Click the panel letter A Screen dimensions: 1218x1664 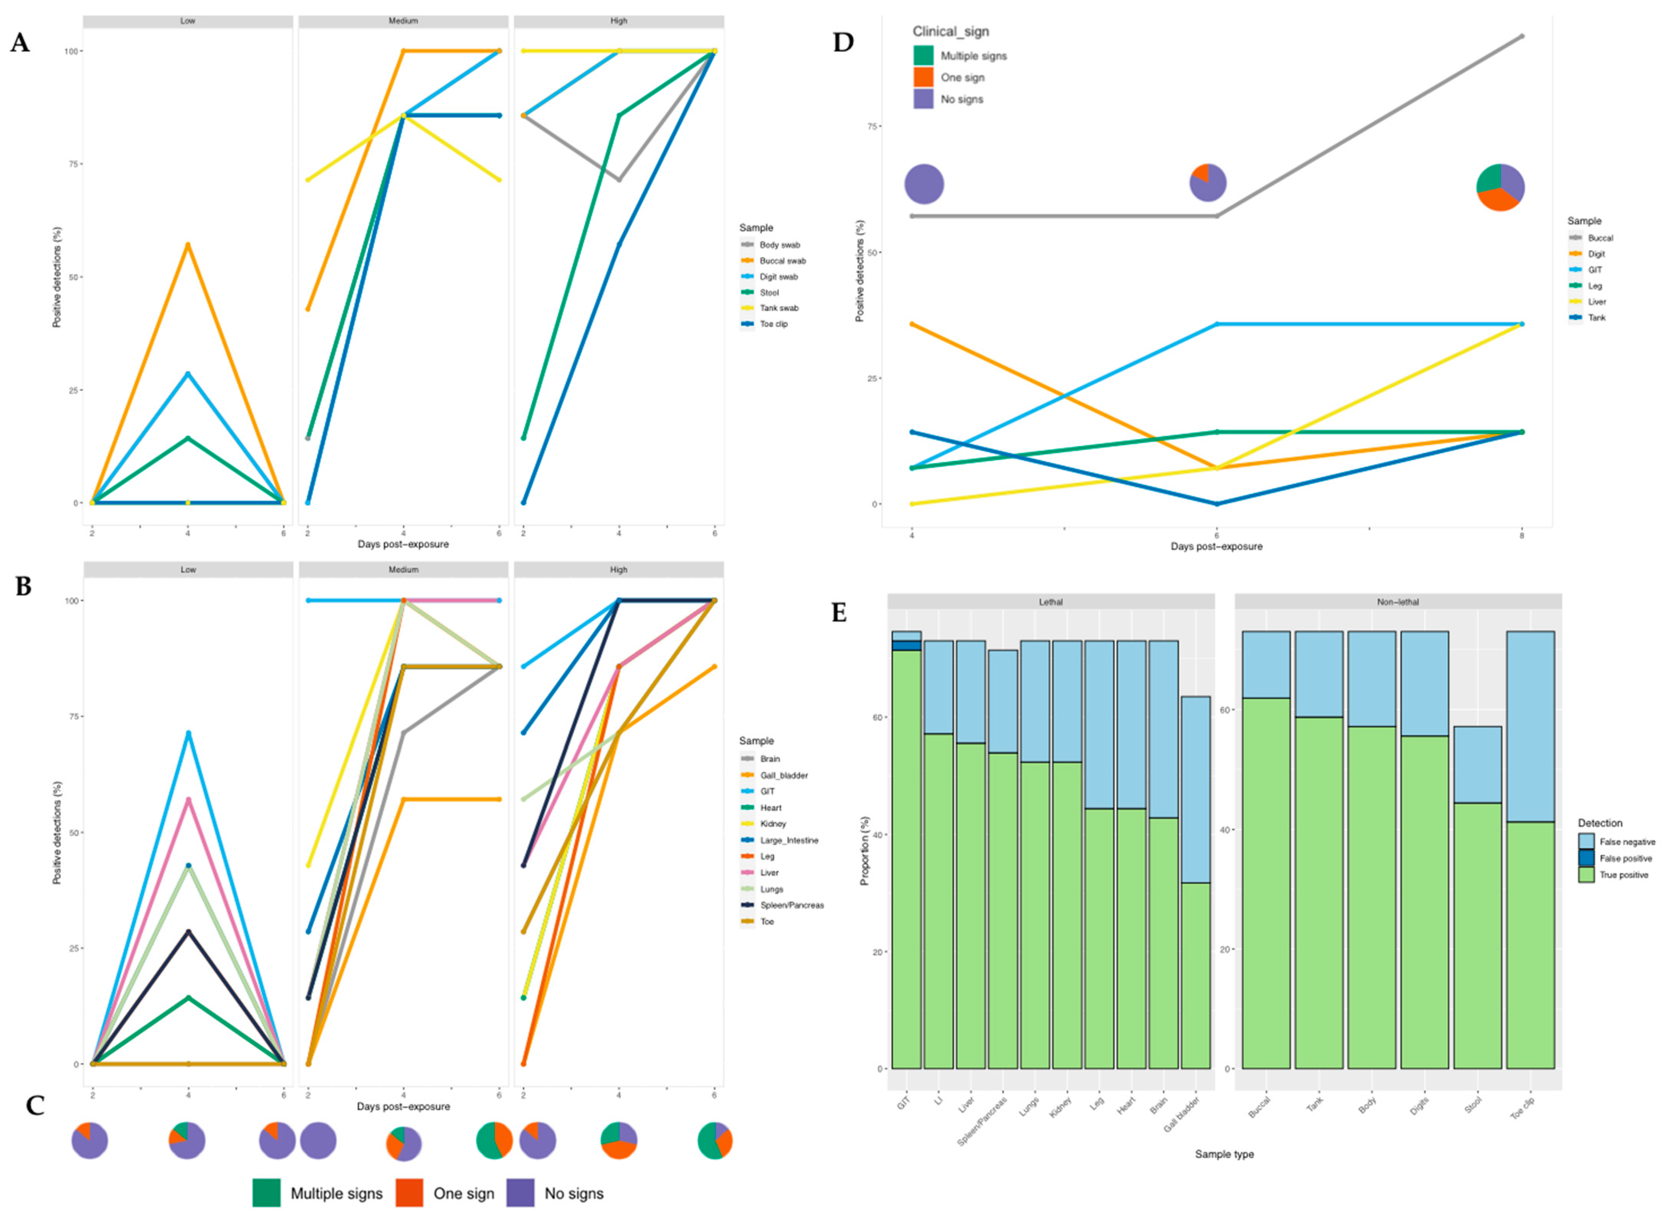[20, 43]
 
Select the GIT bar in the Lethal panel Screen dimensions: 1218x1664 [906, 855]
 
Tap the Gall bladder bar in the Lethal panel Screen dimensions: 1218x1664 [1195, 885]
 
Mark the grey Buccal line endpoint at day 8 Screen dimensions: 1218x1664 [1522, 36]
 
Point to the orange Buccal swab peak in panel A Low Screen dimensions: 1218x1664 [188, 245]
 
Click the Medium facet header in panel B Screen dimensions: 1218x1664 [403, 570]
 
